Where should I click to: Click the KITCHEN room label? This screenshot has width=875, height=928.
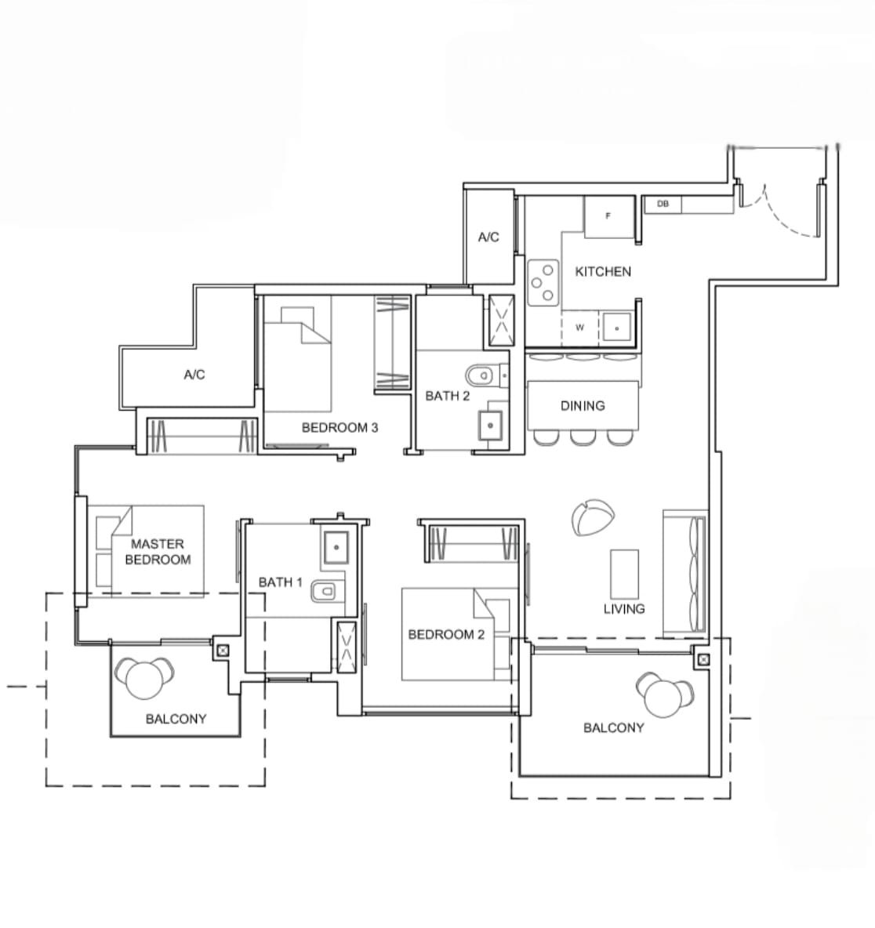pyautogui.click(x=603, y=272)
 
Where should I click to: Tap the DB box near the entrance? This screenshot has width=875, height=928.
pyautogui.click(x=663, y=205)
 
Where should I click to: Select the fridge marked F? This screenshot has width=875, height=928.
pyautogui.click(x=608, y=216)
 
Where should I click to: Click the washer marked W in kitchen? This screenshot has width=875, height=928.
pyautogui.click(x=579, y=328)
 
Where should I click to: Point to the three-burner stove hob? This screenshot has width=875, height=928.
pyautogui.click(x=543, y=283)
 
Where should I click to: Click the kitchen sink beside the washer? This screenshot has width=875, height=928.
pyautogui.click(x=617, y=328)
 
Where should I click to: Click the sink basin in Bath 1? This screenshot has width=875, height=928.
pyautogui.click(x=336, y=547)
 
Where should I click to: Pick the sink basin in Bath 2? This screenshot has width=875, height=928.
pyautogui.click(x=491, y=425)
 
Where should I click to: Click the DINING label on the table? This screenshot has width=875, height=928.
pyautogui.click(x=583, y=406)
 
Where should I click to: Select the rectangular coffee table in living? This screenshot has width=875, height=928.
pyautogui.click(x=625, y=574)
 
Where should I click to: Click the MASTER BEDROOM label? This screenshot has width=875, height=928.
pyautogui.click(x=158, y=552)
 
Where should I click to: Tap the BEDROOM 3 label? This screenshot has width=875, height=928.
pyautogui.click(x=339, y=427)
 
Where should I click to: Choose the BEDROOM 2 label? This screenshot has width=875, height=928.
pyautogui.click(x=446, y=634)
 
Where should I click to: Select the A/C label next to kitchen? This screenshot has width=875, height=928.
pyautogui.click(x=488, y=237)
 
